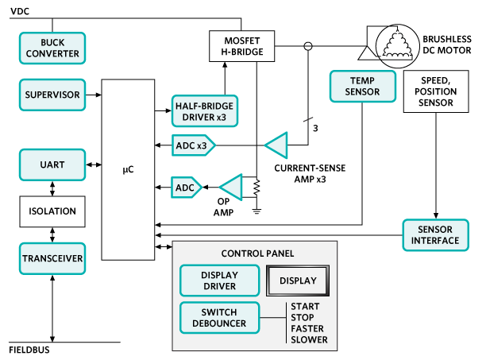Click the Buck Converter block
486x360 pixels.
[x=52, y=48]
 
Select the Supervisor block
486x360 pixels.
[x=52, y=95]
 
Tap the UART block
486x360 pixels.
[x=52, y=165]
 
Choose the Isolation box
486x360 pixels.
[x=52, y=211]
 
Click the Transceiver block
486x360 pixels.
[x=52, y=257]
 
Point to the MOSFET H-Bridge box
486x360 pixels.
[x=241, y=46]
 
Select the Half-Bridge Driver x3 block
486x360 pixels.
[x=204, y=111]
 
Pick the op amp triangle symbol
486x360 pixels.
[x=231, y=188]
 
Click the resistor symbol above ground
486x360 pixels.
[x=256, y=189]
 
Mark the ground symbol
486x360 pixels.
[x=256, y=211]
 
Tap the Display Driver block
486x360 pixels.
[x=219, y=281]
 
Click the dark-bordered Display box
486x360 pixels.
[x=298, y=281]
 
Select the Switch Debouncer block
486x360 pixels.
[x=219, y=318]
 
